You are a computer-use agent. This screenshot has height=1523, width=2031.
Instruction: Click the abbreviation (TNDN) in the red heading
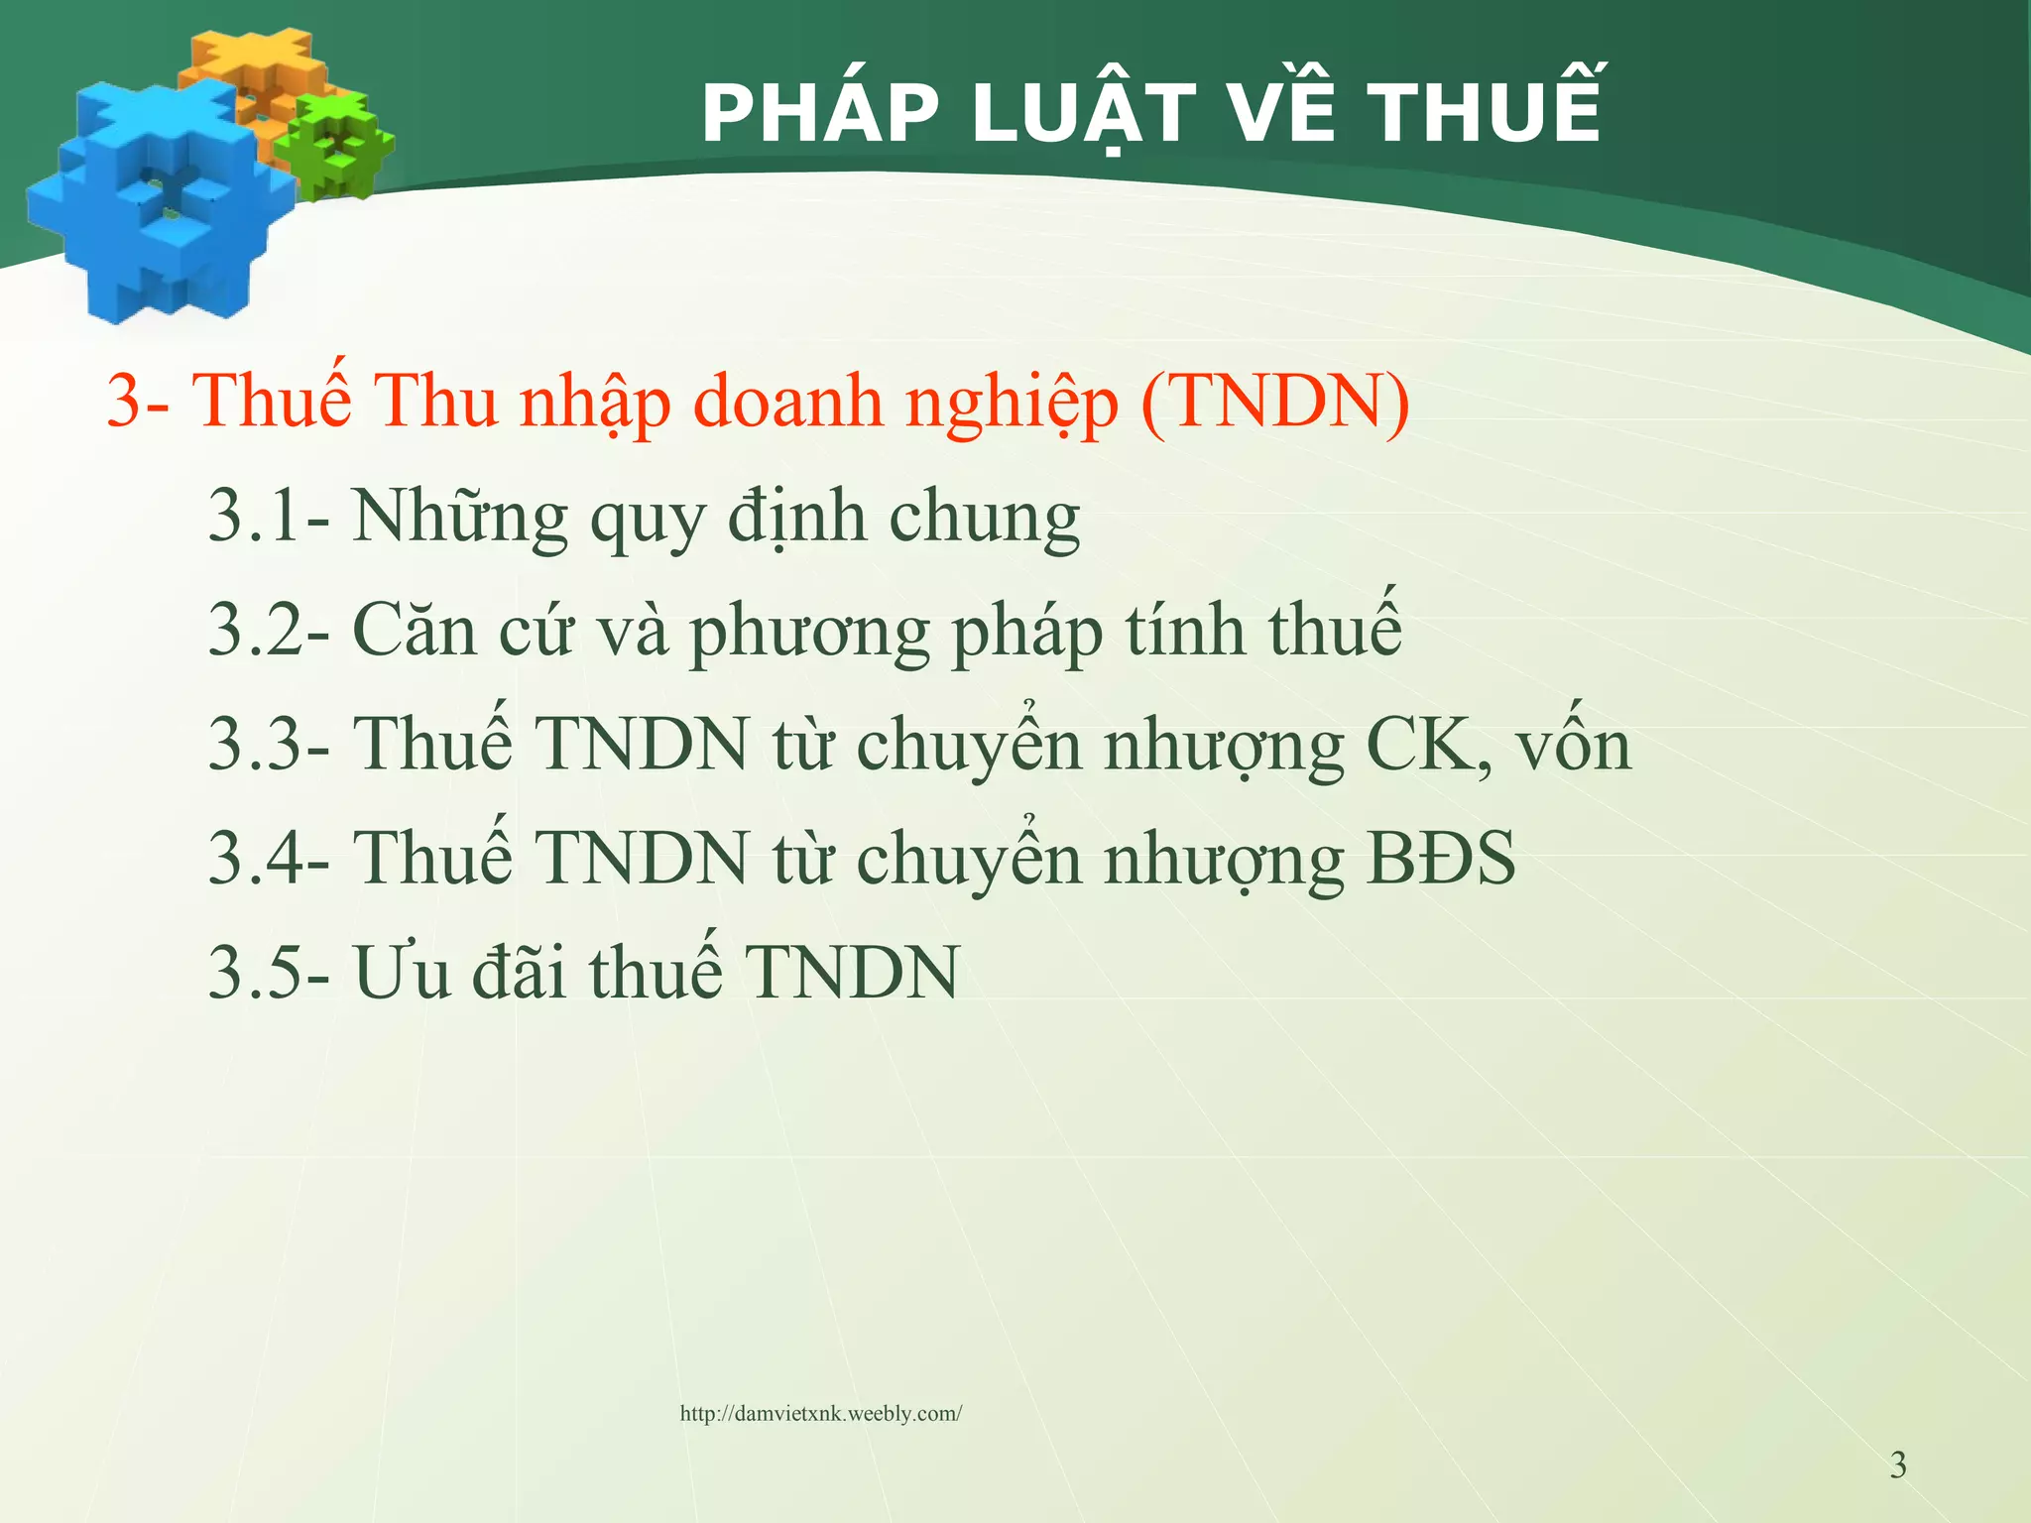coord(1275,402)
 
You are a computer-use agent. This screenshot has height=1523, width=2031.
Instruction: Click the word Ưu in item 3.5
coord(401,972)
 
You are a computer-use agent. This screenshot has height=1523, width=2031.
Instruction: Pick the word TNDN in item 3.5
coord(853,973)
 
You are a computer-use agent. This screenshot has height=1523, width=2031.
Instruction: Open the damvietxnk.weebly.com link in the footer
coord(820,1414)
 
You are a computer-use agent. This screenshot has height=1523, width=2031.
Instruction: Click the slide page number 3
coord(1897,1465)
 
